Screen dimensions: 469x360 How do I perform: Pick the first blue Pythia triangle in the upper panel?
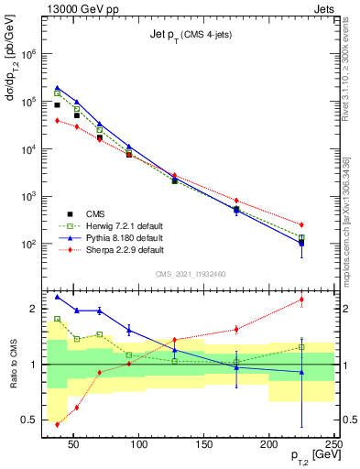click(x=57, y=88)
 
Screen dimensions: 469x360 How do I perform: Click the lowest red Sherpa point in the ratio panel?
click(x=57, y=424)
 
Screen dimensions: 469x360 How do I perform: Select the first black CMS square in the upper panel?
click(x=57, y=105)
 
